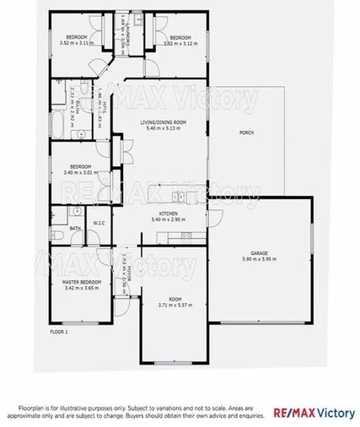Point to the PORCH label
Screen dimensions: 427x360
[247, 132]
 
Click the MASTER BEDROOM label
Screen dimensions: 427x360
[81, 281]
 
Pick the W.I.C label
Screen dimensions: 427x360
[99, 224]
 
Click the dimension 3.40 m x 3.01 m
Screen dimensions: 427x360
[81, 173]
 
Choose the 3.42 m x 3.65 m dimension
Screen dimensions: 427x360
[81, 288]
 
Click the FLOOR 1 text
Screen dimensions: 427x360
[60, 332]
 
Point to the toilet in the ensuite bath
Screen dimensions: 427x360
[54, 216]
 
